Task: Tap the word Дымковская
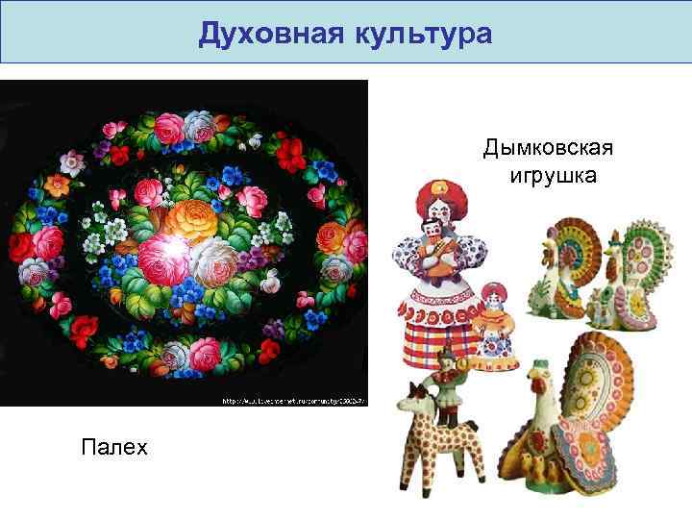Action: coord(549,150)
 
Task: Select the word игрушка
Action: coord(550,177)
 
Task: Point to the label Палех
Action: coord(115,447)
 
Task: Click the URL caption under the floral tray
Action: coord(293,400)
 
